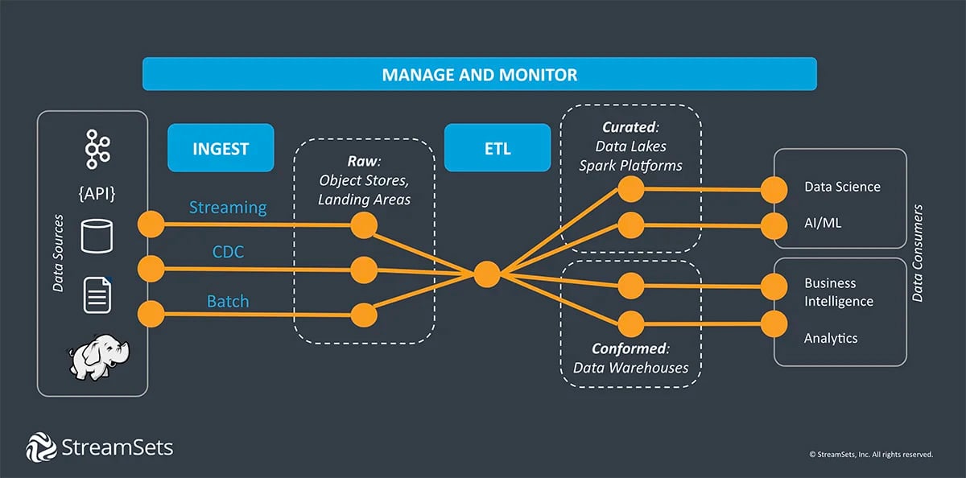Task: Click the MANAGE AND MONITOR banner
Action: pos(479,75)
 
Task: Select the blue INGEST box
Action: pos(221,148)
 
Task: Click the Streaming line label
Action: pos(228,208)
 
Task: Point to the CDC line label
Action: pos(228,253)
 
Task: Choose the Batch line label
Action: pos(228,302)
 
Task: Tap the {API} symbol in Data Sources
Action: pos(97,193)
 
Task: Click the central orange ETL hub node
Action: pos(486,274)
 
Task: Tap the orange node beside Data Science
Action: pos(774,191)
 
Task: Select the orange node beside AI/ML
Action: pos(774,223)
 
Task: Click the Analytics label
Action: pos(831,339)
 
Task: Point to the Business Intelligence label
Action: pos(838,292)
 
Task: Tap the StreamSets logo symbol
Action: pos(40,447)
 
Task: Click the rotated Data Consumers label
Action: pos(919,253)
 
